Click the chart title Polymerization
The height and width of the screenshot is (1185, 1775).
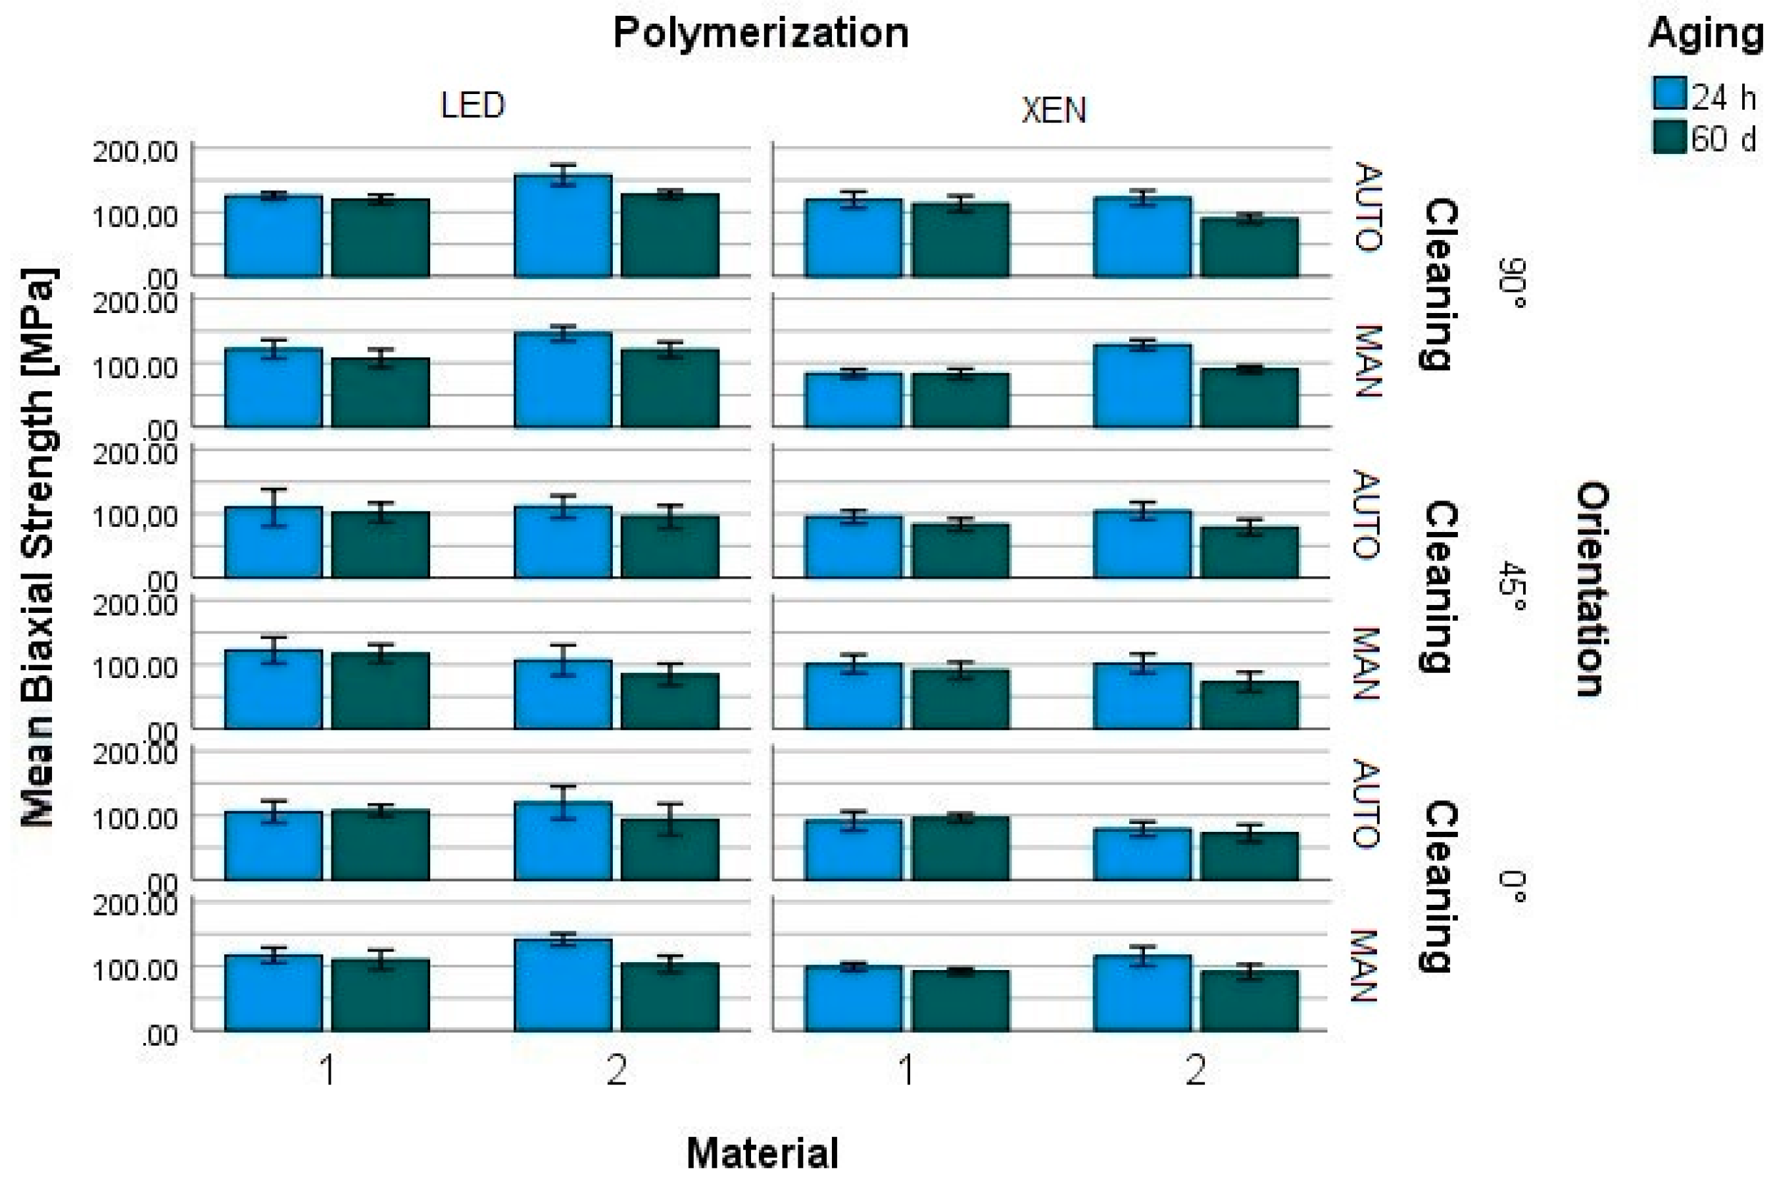tap(760, 34)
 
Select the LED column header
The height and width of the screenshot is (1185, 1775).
tap(472, 105)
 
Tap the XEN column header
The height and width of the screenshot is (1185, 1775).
tap(1054, 111)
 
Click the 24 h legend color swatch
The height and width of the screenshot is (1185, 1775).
tap(1668, 95)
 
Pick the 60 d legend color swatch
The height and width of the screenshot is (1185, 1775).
tap(1668, 137)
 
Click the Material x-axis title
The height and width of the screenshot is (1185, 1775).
tap(762, 1153)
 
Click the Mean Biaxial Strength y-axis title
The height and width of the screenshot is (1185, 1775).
tap(37, 547)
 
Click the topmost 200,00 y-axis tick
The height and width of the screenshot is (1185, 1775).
tap(135, 151)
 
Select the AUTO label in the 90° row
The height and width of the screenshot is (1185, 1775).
tap(1369, 206)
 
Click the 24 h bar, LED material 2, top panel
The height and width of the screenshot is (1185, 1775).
tap(563, 227)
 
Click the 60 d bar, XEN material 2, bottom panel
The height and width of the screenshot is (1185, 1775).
tap(1249, 1002)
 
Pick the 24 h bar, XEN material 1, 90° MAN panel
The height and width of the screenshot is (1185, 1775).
tap(853, 400)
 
